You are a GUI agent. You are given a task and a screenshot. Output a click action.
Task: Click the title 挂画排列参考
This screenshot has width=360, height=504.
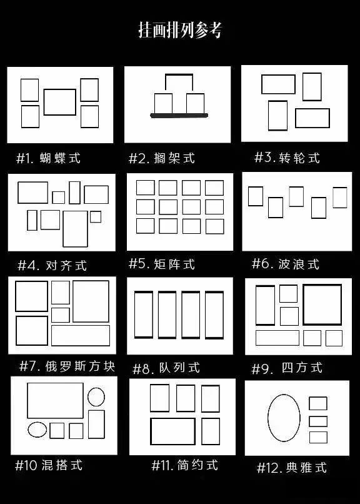point(180,30)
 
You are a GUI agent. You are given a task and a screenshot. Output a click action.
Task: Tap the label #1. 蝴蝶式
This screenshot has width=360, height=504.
point(48,158)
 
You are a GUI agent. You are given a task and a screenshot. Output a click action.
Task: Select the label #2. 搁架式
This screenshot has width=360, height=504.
point(161,158)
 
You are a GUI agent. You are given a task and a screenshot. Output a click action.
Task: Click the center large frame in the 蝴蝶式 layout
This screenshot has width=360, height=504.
point(60,89)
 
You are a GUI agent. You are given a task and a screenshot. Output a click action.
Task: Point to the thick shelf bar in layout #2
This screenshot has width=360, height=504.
point(179,116)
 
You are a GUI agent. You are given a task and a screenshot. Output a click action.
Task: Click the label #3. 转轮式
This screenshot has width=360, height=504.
point(287,158)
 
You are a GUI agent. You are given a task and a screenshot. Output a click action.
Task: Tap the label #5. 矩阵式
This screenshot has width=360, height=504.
point(161,264)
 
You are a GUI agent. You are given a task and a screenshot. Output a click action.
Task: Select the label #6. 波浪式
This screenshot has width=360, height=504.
point(286,264)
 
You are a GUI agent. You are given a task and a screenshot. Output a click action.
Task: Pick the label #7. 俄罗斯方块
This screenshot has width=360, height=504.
point(67,366)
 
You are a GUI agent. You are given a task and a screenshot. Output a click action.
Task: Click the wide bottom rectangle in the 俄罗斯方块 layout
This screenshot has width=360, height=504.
point(81,326)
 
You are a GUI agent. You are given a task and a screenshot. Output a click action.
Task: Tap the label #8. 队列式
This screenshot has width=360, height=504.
point(166,368)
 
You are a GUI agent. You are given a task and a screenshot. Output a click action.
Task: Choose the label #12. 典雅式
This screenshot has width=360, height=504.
point(292,467)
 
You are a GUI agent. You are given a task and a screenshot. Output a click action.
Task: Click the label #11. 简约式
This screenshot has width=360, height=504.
point(184,465)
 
